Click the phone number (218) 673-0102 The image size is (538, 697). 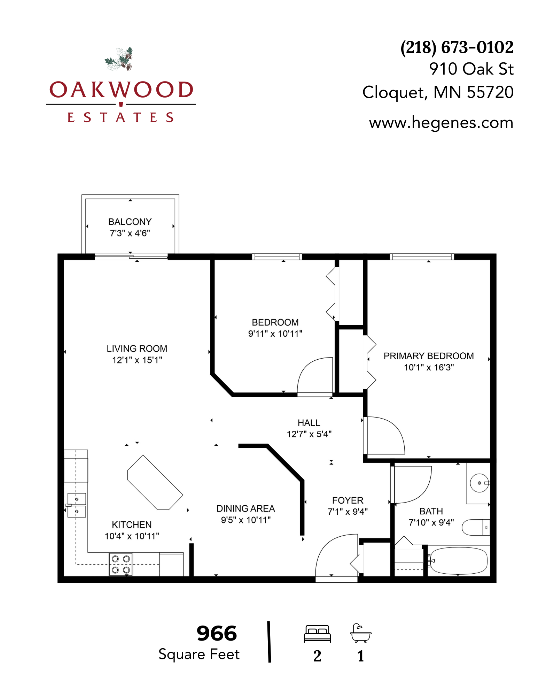click(x=457, y=47)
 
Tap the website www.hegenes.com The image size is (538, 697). click(x=441, y=123)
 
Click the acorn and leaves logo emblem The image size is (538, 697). click(x=119, y=59)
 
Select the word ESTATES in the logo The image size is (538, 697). click(x=120, y=117)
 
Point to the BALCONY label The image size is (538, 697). click(x=130, y=222)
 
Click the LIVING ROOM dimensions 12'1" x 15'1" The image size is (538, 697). click(x=137, y=360)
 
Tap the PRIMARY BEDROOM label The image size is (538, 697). click(x=429, y=356)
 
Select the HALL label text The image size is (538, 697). click(x=309, y=423)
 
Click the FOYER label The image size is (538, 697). click(x=348, y=500)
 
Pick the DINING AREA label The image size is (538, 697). click(x=246, y=508)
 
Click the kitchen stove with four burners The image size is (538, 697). click(x=121, y=564)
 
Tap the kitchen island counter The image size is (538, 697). click(x=155, y=483)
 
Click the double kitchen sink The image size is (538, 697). click(x=77, y=505)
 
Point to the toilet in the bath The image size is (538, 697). click(x=476, y=527)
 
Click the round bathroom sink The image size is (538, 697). click(x=479, y=483)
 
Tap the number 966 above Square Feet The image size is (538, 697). click(x=217, y=633)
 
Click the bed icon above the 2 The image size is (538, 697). click(x=317, y=634)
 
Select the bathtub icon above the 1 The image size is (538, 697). click(x=361, y=633)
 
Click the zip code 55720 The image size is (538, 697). click(x=490, y=92)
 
